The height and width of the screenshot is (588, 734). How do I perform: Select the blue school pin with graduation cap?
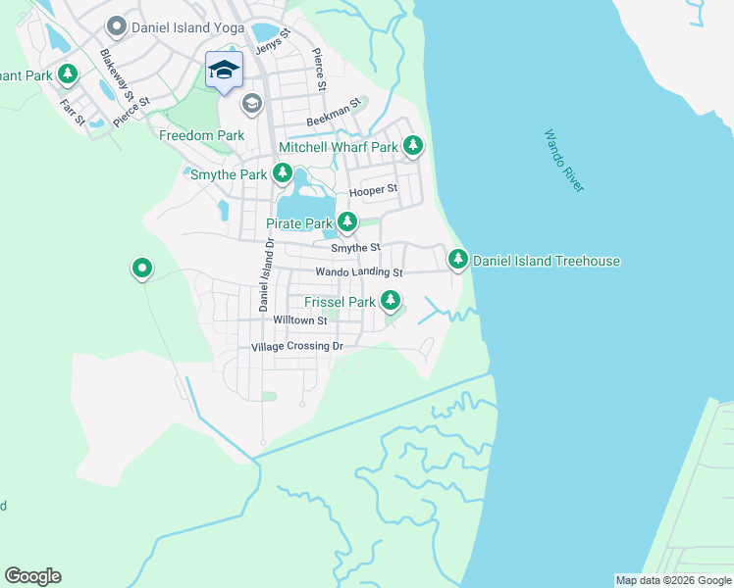(x=224, y=71)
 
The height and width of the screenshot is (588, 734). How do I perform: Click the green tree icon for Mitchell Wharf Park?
(x=413, y=147)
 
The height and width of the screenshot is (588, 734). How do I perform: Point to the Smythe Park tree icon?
(x=283, y=174)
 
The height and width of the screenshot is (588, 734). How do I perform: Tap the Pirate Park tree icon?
(x=347, y=223)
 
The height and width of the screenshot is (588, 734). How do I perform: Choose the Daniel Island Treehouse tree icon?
(x=457, y=261)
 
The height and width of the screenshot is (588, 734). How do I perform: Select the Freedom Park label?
(x=201, y=135)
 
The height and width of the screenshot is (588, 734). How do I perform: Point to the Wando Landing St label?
(x=359, y=271)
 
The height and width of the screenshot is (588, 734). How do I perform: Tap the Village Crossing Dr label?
(x=296, y=347)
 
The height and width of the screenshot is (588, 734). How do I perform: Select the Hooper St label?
(x=379, y=188)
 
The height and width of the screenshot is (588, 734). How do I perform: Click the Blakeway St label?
(x=114, y=69)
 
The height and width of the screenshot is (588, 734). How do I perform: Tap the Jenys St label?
(x=273, y=42)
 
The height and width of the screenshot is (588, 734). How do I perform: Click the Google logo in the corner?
(x=32, y=576)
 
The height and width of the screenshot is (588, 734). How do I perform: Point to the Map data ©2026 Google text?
(x=673, y=580)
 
